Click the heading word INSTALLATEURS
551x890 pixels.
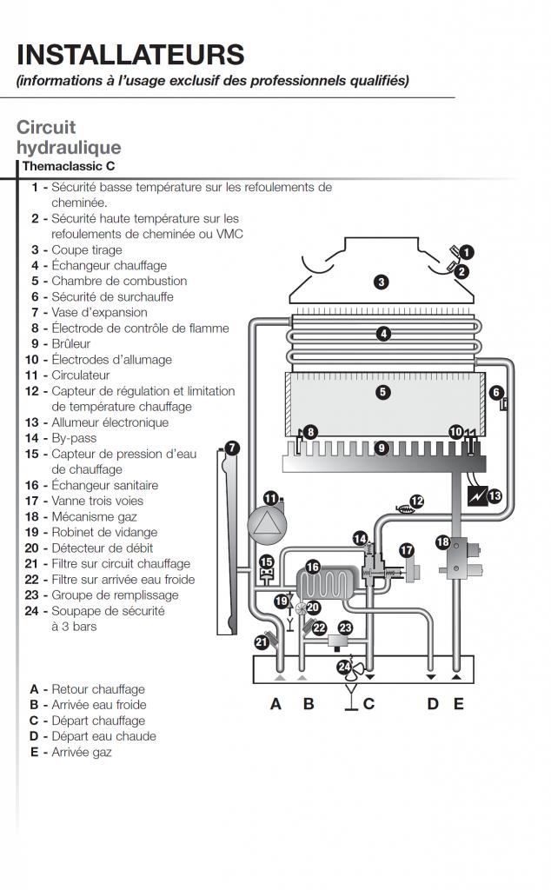click(130, 55)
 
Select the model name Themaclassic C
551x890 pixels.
click(69, 166)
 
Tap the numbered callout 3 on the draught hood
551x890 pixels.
click(382, 282)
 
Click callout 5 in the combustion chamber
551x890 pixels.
click(383, 392)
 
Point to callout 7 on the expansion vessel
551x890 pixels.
click(232, 448)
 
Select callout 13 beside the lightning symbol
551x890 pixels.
click(495, 496)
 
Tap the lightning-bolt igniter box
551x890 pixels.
click(477, 496)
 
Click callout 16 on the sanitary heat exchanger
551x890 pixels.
click(313, 567)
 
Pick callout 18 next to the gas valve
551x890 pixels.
click(443, 542)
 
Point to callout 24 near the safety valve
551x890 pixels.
click(344, 667)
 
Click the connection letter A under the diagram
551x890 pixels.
click(275, 704)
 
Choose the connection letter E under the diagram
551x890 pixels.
click(459, 704)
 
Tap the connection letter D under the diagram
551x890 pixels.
click(433, 704)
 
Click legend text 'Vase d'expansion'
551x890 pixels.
click(99, 312)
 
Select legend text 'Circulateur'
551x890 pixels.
click(81, 375)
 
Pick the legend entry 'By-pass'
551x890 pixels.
click(74, 438)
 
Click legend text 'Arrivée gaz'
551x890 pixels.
click(82, 752)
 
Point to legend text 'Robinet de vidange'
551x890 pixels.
click(104, 533)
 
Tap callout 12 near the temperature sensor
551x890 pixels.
click(417, 501)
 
